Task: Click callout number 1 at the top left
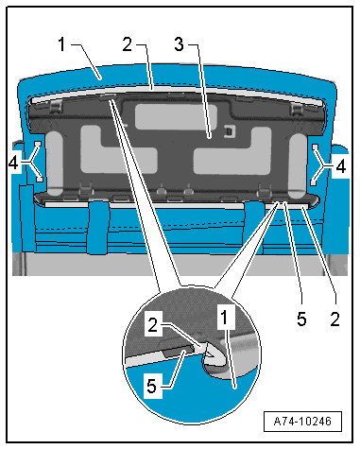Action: pos(62,44)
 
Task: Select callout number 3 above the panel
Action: pos(180,44)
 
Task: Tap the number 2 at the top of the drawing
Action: pos(128,44)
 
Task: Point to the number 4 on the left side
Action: pos(13,164)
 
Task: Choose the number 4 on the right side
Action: pos(341,166)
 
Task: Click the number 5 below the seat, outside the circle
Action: pos(301,319)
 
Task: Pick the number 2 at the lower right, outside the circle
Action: pos(334,319)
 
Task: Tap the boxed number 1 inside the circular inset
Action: pos(225,317)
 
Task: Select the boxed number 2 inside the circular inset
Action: pos(153,324)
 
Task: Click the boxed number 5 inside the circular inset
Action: pos(152,386)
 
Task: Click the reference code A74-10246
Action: pos(302,422)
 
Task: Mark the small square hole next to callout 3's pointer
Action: pos(230,131)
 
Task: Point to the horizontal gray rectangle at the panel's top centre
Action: pos(176,116)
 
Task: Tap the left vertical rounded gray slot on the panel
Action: pos(55,164)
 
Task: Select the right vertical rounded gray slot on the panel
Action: pos(298,166)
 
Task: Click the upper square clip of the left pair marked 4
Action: pos(38,144)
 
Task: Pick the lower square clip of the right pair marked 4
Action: pos(314,182)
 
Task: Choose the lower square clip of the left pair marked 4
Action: pos(40,179)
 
